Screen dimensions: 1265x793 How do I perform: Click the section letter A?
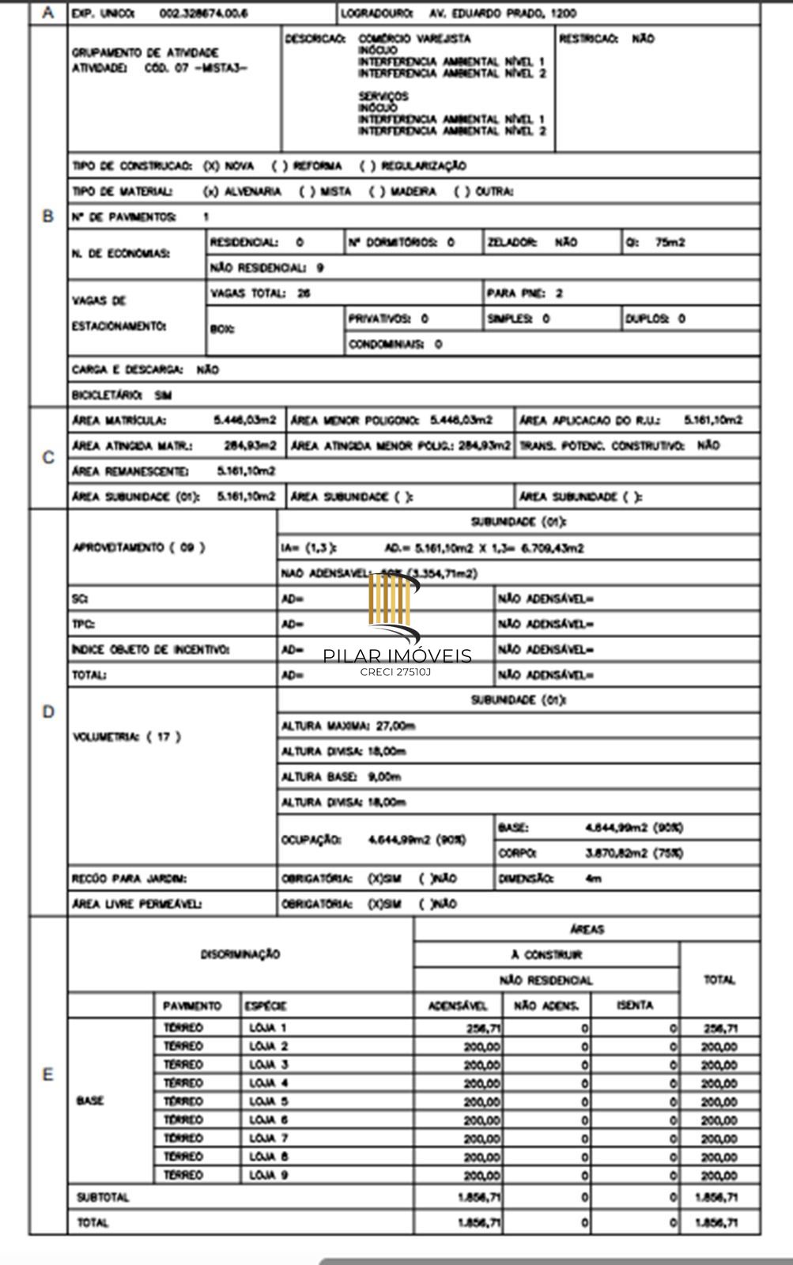pos(48,13)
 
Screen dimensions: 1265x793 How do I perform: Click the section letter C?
pos(48,458)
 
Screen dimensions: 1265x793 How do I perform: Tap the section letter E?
pos(48,1074)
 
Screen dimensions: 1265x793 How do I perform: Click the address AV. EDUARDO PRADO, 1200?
pos(503,13)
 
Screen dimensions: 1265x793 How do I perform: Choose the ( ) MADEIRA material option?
pos(403,191)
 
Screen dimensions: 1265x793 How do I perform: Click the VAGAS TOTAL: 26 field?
pos(261,293)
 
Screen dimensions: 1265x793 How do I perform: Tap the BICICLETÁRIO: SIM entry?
pos(122,395)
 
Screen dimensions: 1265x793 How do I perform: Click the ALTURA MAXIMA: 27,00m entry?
pos(349,726)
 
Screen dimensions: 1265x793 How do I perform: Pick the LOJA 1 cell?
pos(268,1028)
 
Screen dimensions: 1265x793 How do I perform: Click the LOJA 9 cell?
pos(268,1175)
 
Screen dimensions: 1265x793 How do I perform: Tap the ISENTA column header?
pos(635,1006)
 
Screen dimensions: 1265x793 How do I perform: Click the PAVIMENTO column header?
pos(192,1006)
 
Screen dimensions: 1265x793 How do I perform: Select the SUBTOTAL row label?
pos(103,1198)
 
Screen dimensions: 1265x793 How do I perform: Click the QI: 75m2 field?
pos(655,243)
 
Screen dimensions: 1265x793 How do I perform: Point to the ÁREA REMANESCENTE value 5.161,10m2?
pos(246,471)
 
